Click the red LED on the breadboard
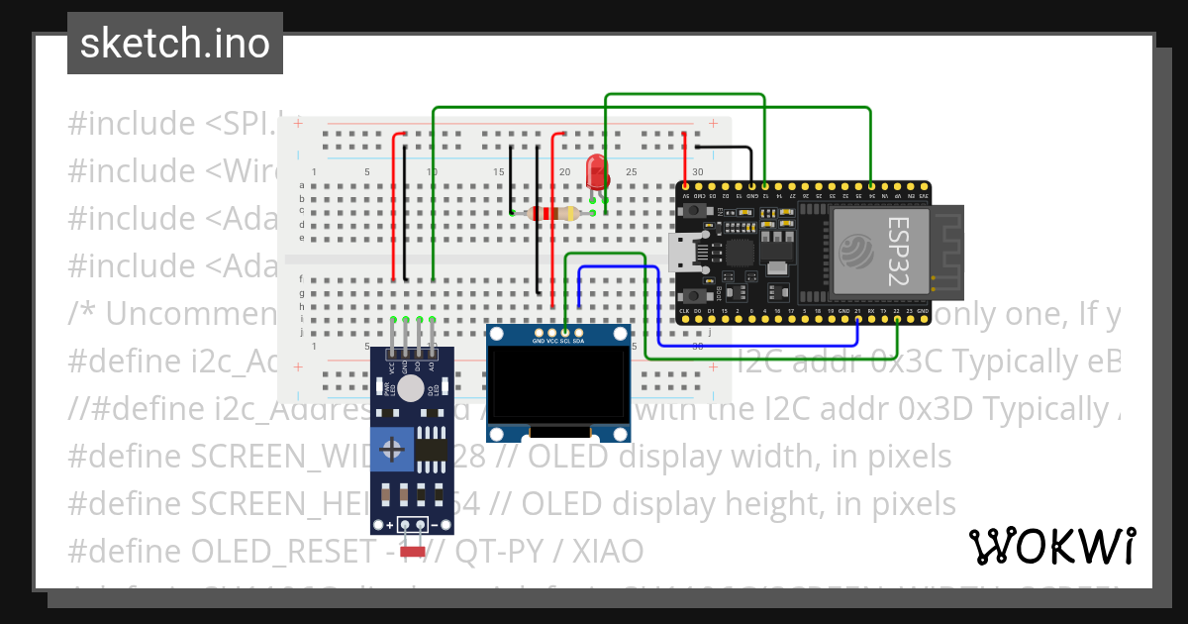[596, 171]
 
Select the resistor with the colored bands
[552, 213]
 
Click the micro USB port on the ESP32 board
[682, 254]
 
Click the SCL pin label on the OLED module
[565, 341]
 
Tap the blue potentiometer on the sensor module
[395, 452]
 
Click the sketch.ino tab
[174, 44]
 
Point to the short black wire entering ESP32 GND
[728, 149]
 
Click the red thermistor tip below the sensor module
[412, 552]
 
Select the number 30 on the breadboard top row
[698, 172]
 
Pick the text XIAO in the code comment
[605, 551]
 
